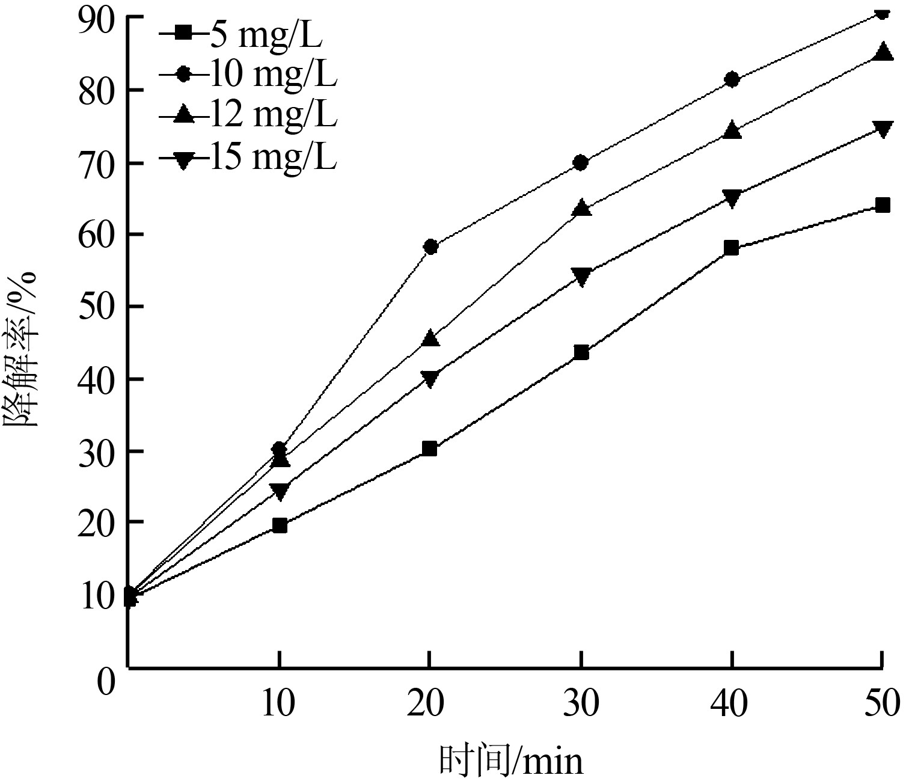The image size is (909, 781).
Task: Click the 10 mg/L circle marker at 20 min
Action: click(430, 247)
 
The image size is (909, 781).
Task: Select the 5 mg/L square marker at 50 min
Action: click(883, 206)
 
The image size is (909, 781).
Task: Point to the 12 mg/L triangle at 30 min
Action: click(581, 208)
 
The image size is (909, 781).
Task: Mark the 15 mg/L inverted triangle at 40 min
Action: click(732, 198)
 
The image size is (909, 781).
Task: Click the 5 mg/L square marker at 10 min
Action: click(280, 526)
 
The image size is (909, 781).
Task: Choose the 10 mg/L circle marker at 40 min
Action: click(732, 79)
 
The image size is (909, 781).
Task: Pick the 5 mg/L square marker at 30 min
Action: click(581, 352)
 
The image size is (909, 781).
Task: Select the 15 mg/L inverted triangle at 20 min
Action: click(430, 378)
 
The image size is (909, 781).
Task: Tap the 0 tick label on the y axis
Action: click(106, 682)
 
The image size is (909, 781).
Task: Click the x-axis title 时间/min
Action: click(511, 761)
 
